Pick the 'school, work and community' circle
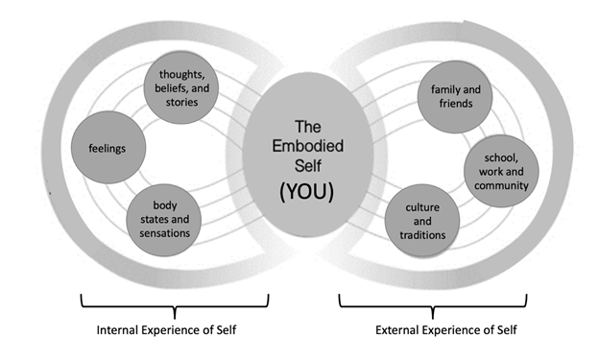(500, 171)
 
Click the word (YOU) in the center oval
(300, 190)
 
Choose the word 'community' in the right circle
(500, 185)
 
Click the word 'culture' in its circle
(422, 206)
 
